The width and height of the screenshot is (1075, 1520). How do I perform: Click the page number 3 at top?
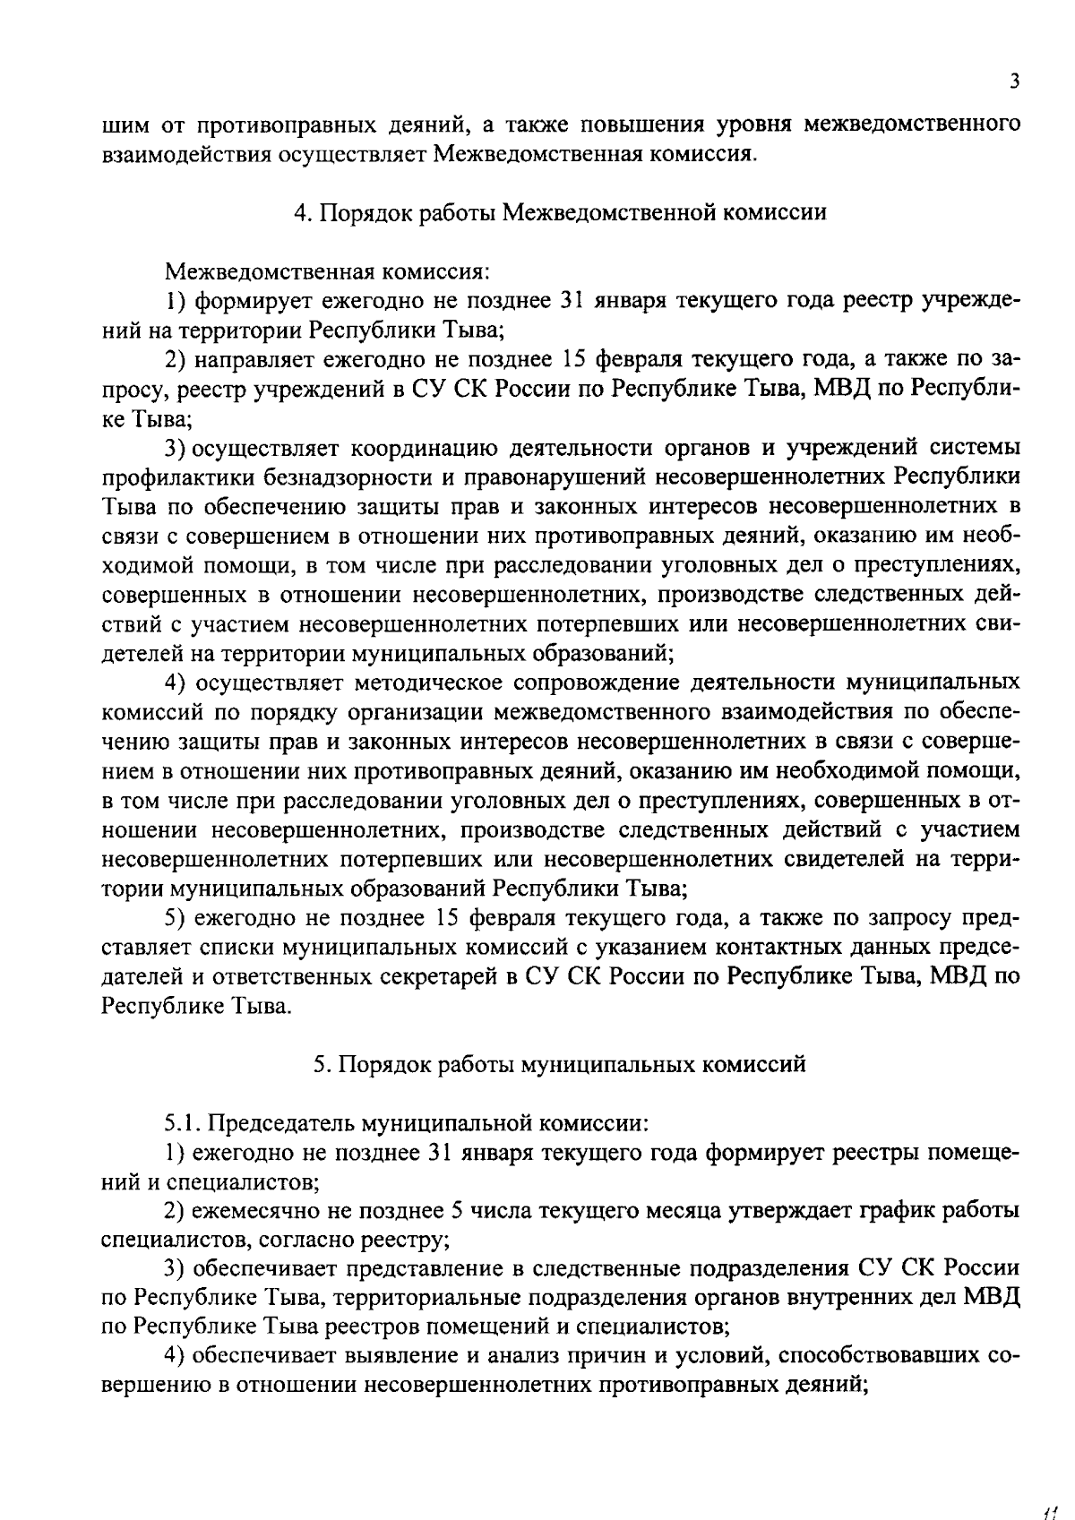(1014, 81)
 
